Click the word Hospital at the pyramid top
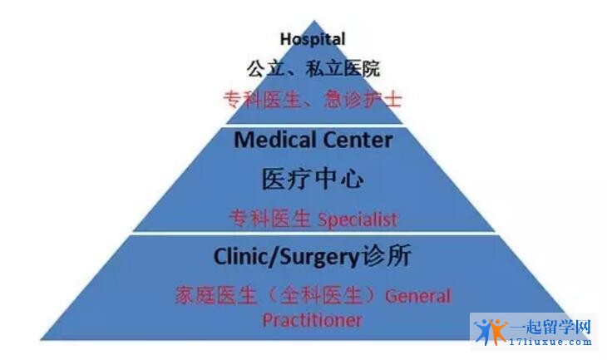[313, 40]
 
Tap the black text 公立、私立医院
[313, 69]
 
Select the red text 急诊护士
[363, 99]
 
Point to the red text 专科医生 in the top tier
[262, 99]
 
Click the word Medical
[275, 140]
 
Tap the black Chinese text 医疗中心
[313, 180]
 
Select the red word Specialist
[358, 219]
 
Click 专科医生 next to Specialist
[270, 219]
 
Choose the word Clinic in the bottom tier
[240, 257]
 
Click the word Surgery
[319, 258]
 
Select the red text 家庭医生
[215, 295]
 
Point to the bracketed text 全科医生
[321, 295]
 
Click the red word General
[418, 296]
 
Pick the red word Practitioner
[313, 320]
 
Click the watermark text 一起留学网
[550, 327]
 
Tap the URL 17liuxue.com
[550, 342]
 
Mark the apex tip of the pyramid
[314, 21]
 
